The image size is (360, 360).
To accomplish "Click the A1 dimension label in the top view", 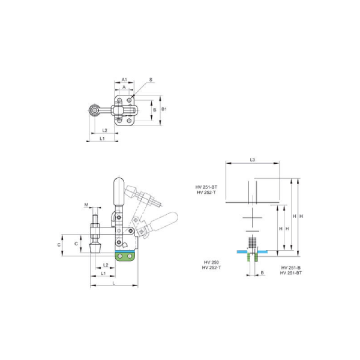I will click(124, 79).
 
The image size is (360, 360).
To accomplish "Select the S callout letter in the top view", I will click(151, 79).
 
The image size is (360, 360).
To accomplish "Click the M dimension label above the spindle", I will click(86, 205).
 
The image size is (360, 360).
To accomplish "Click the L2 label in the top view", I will click(104, 130).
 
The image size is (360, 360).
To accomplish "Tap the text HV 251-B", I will click(291, 267).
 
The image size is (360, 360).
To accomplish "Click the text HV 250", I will click(211, 262).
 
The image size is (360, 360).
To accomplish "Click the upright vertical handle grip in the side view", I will click(118, 193).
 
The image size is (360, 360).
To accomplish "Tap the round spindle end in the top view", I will click(93, 111).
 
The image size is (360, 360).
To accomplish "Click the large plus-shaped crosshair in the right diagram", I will click(253, 215).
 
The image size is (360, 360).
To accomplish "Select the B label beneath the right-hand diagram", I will click(262, 272).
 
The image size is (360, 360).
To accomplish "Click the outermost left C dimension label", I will click(59, 245).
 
